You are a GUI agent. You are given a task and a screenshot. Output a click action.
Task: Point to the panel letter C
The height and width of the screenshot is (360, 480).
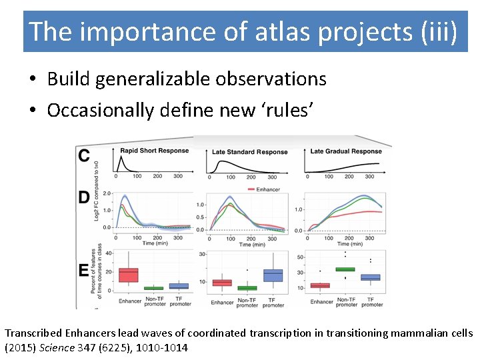(x=85, y=155)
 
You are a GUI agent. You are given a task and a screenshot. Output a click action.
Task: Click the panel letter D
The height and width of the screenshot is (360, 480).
(x=85, y=197)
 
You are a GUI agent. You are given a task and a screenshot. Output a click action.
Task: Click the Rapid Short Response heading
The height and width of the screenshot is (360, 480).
(x=154, y=151)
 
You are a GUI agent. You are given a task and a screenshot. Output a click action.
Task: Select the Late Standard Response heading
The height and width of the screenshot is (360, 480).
(x=249, y=152)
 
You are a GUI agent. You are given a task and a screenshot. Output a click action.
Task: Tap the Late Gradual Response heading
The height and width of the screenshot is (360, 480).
(x=346, y=151)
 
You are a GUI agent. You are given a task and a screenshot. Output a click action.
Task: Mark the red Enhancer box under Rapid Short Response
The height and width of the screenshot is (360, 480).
(x=128, y=274)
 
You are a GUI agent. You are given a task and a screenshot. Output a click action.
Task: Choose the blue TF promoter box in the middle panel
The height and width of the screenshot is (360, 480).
(x=273, y=275)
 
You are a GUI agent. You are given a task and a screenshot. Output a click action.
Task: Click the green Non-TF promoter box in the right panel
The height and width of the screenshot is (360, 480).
(x=345, y=269)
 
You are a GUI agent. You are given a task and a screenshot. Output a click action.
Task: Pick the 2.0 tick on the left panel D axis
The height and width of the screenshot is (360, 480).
(x=107, y=194)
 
